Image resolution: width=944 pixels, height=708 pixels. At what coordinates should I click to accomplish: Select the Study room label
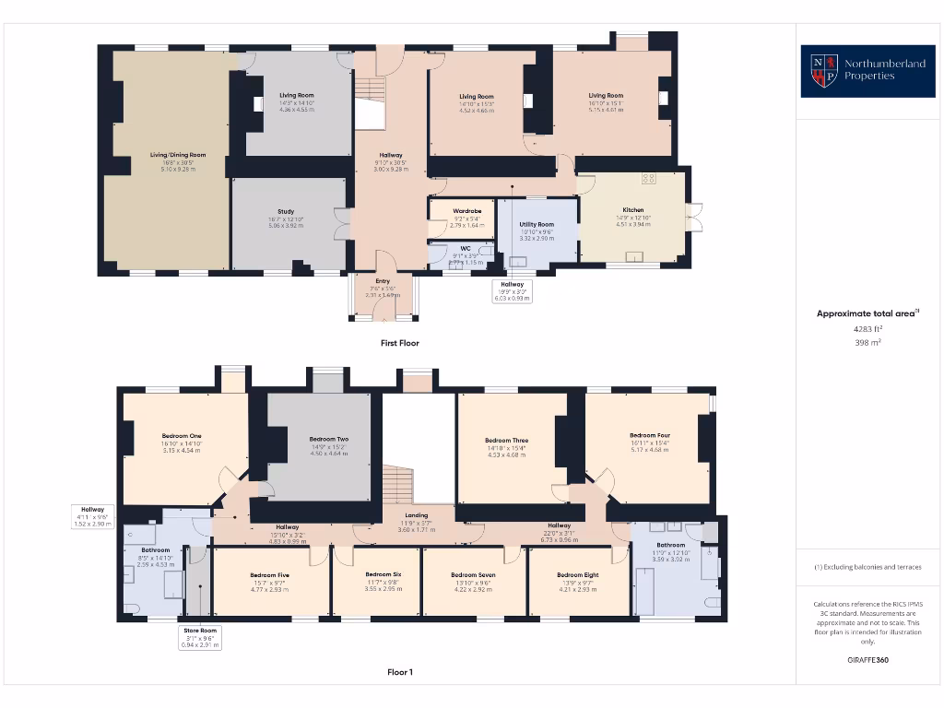pos(286,211)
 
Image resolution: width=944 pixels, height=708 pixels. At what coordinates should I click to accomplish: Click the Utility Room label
pos(536,224)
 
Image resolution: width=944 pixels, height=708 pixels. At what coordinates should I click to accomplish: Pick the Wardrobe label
pos(467,211)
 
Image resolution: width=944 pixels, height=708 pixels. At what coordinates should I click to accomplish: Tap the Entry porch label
pos(383,281)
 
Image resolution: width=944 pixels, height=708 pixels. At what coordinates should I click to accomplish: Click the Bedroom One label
pos(182,435)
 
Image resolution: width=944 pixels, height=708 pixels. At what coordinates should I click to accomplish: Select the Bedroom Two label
pos(328,439)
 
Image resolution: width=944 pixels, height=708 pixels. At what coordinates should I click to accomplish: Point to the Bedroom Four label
pos(650,435)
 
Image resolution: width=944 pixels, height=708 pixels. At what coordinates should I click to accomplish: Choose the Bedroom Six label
pos(383,574)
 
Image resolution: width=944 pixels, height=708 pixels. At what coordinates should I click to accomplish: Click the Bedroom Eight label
pos(578,575)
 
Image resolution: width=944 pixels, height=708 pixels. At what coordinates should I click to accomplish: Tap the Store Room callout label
pos(199,631)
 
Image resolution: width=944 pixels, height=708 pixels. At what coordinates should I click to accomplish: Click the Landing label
pos(416,516)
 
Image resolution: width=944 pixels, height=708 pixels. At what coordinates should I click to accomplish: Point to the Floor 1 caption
pos(399,672)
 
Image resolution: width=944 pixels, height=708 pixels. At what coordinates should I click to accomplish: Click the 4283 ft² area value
pos(867,327)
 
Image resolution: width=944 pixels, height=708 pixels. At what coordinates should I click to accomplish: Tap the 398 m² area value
pos(867,342)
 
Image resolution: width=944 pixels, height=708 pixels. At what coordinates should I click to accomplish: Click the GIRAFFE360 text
pos(867,660)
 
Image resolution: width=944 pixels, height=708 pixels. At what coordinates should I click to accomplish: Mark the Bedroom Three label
pos(506,441)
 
